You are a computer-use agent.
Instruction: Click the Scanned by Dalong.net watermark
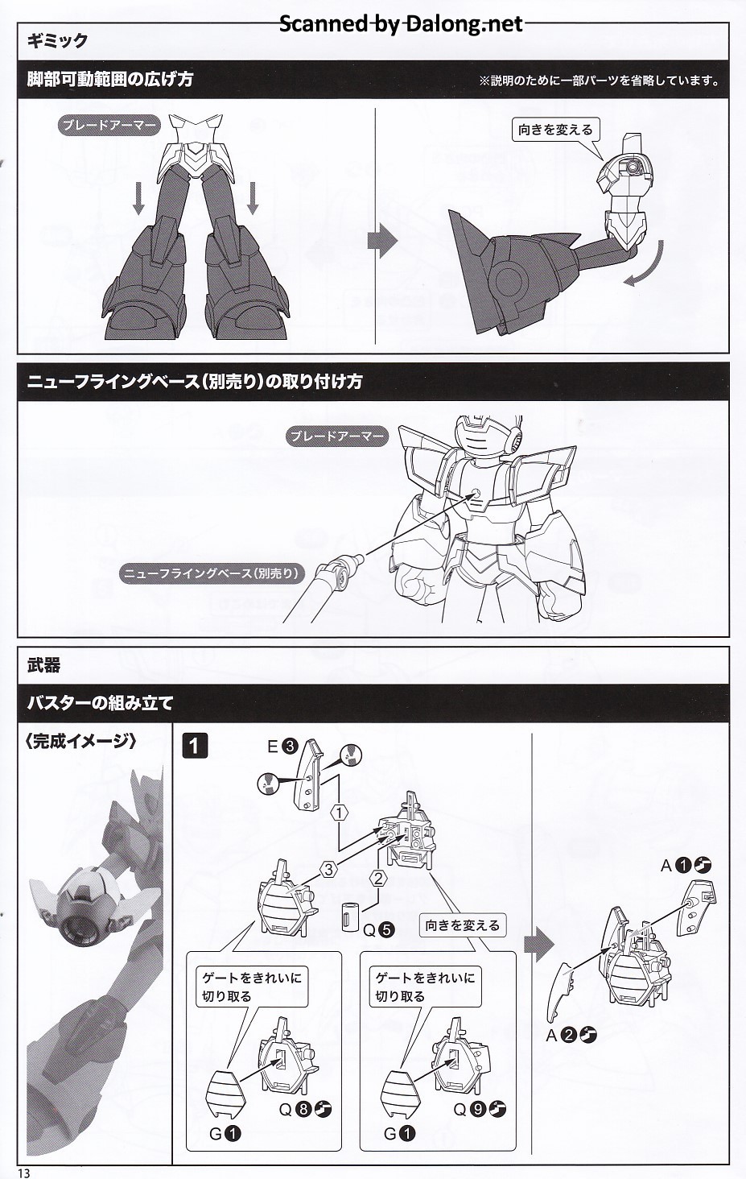tap(401, 23)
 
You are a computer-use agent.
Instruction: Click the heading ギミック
tap(57, 40)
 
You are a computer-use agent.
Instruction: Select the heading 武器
tap(43, 665)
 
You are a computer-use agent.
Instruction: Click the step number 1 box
tap(195, 747)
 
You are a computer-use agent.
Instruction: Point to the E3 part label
tap(282, 747)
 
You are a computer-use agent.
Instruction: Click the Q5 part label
tap(378, 930)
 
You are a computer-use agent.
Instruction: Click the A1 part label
tap(686, 865)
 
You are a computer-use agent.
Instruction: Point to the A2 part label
tap(571, 1036)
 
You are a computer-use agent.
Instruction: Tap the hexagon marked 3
tap(329, 869)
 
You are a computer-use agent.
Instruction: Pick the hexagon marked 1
tap(340, 813)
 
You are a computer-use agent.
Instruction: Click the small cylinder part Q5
tap(349, 917)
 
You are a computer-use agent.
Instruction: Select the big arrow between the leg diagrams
tap(382, 240)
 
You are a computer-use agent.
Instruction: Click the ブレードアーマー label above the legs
tap(109, 126)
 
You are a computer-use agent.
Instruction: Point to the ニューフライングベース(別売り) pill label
tap(212, 573)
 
